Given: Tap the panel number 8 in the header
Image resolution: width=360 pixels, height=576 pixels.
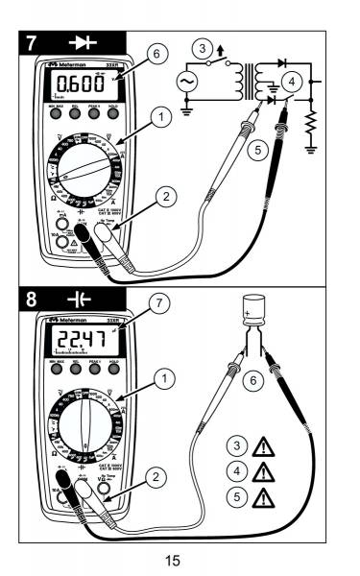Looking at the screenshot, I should click(x=35, y=298).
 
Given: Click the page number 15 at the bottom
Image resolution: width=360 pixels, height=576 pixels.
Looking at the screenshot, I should click(x=180, y=556).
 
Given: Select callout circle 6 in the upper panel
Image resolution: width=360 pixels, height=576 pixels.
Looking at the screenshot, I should click(x=155, y=56).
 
